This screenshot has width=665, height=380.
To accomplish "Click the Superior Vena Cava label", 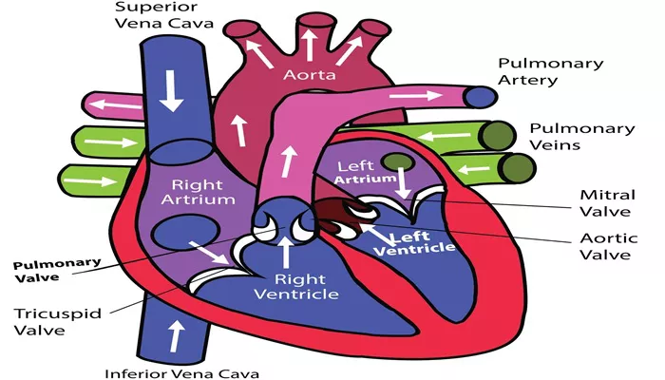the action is coord(164,15).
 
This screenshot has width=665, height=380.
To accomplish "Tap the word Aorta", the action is coord(309,75).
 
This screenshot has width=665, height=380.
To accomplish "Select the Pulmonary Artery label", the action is coord(550,71).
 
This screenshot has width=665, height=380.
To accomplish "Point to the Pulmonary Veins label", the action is coord(581,137).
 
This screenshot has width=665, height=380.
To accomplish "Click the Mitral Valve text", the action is coord(607,203).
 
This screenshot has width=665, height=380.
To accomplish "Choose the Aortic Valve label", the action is coord(609,246).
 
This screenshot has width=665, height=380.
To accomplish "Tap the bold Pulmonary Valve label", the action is coord(57,271).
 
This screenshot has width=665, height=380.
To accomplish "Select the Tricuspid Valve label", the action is coord(58,321).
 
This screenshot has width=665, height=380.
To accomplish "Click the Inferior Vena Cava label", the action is coord(182,373).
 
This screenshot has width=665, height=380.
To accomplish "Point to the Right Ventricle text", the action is coord(296,287).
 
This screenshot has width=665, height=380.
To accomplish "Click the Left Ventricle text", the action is coord(414,244).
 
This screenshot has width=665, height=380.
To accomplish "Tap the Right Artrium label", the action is coord(198,192).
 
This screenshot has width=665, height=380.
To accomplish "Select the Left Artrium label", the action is coord(365,172).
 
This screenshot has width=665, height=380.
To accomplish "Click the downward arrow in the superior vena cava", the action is coord(171,91).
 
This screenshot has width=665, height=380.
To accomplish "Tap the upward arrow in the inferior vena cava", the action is coord(177,336).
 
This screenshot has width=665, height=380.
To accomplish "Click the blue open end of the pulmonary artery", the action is coord(480,97).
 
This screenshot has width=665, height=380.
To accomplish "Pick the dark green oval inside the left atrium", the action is coord(397,162).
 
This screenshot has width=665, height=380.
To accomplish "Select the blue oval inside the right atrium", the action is coord(186,232).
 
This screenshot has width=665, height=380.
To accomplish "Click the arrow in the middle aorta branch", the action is coord(309,44).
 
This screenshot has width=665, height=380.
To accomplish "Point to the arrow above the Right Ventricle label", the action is coord(286,253).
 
